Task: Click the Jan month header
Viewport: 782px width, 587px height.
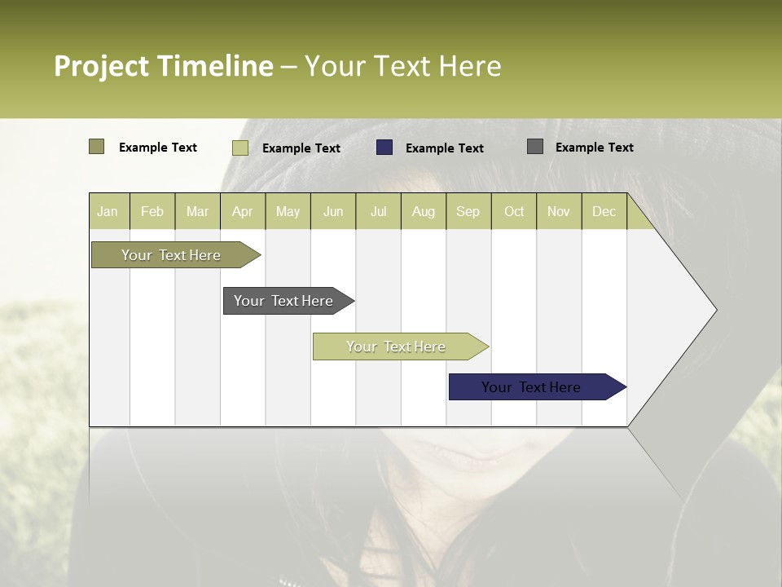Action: tap(108, 211)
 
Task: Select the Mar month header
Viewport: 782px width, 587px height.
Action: tap(197, 211)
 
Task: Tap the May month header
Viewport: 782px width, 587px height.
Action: tap(288, 211)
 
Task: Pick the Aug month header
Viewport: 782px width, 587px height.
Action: tap(423, 211)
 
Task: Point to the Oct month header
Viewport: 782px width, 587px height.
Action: tap(514, 211)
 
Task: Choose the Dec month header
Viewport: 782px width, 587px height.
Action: tap(604, 211)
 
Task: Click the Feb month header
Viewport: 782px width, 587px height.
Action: tap(152, 211)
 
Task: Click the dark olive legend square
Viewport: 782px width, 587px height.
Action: tap(96, 147)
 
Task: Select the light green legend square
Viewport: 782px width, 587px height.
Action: tap(239, 148)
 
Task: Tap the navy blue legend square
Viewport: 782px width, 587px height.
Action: tap(384, 148)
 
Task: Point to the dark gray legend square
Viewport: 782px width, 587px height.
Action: tap(534, 147)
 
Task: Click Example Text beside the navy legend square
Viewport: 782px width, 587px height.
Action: tap(445, 148)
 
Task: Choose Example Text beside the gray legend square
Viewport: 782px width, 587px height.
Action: tap(595, 148)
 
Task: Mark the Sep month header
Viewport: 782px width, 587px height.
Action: tap(468, 211)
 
